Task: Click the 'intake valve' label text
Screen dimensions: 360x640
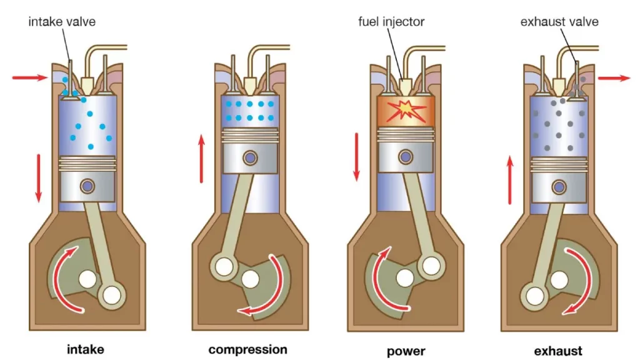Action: pyautogui.click(x=62, y=22)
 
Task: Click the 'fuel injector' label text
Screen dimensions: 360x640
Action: pyautogui.click(x=391, y=22)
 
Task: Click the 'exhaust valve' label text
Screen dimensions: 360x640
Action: pyautogui.click(x=559, y=22)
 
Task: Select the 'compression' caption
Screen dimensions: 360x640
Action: pyautogui.click(x=247, y=349)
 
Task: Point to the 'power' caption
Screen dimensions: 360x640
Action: pyautogui.click(x=406, y=350)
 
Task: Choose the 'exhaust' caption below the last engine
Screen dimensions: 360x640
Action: pyautogui.click(x=558, y=350)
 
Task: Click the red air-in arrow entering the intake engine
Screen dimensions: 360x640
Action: pyautogui.click(x=29, y=77)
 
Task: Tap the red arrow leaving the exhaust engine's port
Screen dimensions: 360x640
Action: pyautogui.click(x=614, y=78)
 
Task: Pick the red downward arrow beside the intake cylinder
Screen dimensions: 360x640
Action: pyautogui.click(x=39, y=177)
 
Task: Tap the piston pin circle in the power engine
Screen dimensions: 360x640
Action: pyautogui.click(x=407, y=154)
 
